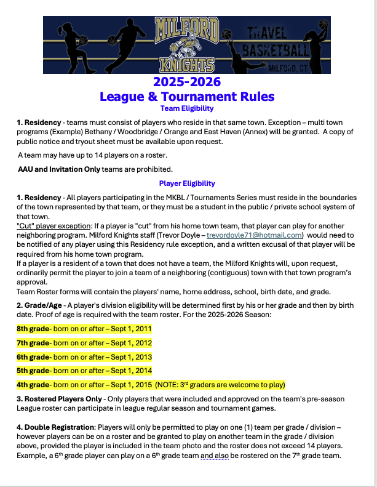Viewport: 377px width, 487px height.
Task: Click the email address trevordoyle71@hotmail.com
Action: (254, 235)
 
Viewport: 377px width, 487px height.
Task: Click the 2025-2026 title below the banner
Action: (186, 83)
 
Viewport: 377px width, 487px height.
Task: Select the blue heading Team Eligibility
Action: (186, 108)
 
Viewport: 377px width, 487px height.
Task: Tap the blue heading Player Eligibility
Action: (186, 183)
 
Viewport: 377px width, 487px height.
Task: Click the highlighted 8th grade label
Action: (33, 328)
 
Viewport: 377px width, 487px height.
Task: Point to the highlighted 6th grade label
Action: (33, 356)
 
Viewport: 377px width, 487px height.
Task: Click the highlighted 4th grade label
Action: (33, 385)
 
